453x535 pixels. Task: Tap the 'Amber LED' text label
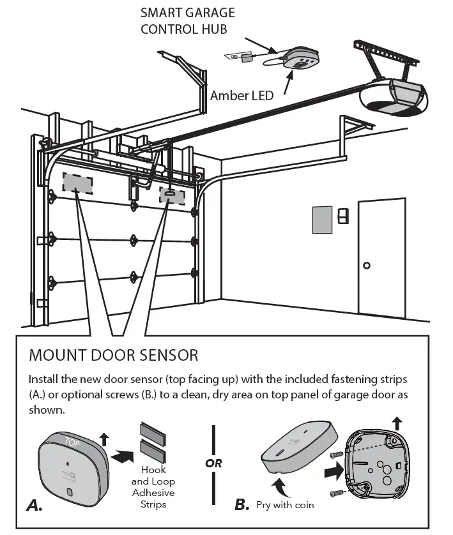[242, 96]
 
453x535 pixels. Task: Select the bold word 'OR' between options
[214, 463]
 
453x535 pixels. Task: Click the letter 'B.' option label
[242, 505]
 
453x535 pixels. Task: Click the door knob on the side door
[367, 265]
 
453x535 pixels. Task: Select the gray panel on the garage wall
[321, 220]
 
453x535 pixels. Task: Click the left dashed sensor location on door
[77, 181]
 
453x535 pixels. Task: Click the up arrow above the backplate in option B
[397, 422]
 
